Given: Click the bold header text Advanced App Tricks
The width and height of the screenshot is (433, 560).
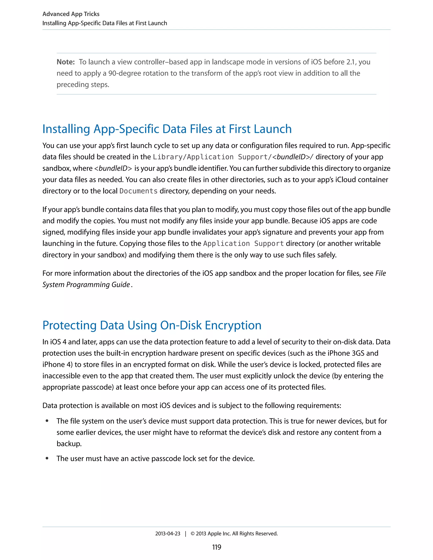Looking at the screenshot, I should [x=71, y=14].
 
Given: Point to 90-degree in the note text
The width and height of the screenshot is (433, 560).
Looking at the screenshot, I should [x=124, y=73].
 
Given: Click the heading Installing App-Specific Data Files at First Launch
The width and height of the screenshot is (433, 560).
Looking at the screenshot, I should [x=167, y=129].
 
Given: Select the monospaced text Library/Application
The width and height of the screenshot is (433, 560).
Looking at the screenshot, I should [x=193, y=157].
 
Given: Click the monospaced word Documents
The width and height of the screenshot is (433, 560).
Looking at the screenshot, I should [x=138, y=191].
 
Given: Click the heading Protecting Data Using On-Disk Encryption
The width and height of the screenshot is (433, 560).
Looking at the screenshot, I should [x=152, y=325].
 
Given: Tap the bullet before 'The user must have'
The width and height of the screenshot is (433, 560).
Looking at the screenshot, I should [x=47, y=459].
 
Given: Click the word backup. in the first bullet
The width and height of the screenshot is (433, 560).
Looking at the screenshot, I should [x=69, y=444].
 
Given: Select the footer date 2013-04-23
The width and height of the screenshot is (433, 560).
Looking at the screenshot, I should [x=167, y=534].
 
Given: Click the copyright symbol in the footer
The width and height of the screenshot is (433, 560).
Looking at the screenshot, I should [x=192, y=534].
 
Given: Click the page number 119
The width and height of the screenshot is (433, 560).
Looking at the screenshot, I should [x=216, y=547].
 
